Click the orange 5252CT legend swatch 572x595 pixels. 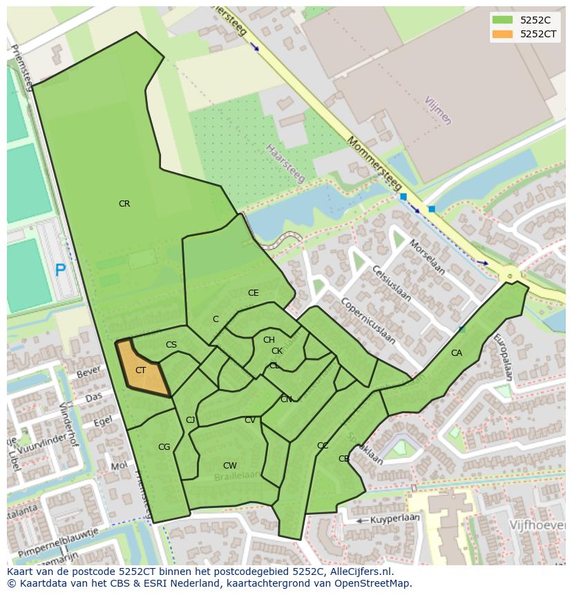502,34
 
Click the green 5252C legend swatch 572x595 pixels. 502,20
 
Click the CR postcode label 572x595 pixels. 124,204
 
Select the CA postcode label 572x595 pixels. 457,353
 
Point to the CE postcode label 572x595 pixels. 254,293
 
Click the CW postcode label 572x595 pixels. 230,466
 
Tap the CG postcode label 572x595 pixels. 164,447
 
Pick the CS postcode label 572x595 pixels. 171,345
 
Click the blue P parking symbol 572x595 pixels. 60,270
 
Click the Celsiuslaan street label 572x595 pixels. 392,284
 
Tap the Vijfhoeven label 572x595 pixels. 537,525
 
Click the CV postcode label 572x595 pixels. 250,420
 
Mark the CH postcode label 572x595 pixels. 269,339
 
